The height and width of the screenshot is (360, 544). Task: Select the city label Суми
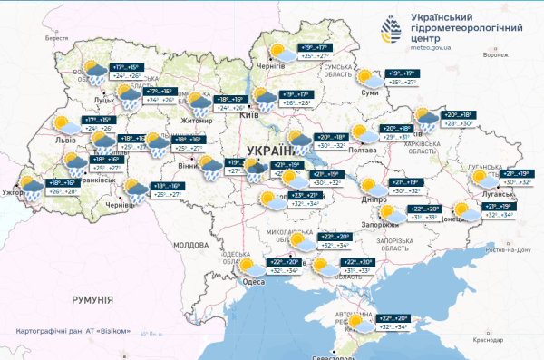click(369, 93)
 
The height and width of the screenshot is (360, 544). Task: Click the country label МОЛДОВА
click(190, 245)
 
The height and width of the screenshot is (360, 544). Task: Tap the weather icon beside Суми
click(365, 77)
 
